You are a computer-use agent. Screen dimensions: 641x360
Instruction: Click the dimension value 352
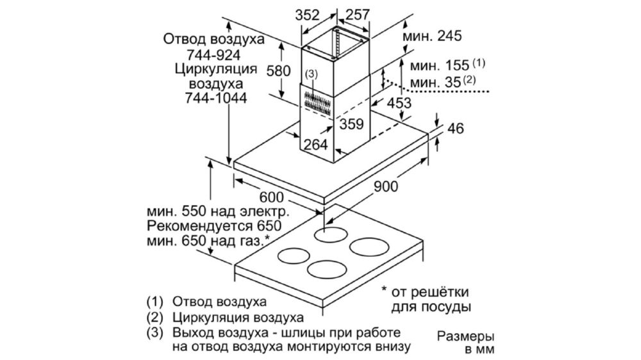point(307,15)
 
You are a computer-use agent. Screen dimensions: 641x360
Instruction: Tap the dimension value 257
point(357,15)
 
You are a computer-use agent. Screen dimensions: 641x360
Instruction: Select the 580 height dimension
point(278,70)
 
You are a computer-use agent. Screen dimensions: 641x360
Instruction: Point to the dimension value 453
point(399,102)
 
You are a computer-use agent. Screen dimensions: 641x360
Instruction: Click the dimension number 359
point(351,124)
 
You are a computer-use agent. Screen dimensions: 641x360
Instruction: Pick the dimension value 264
point(315,144)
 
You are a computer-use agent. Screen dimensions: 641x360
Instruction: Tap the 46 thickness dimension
point(455,128)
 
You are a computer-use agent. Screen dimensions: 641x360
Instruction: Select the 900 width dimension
point(385,186)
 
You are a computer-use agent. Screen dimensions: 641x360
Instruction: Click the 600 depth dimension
point(271,197)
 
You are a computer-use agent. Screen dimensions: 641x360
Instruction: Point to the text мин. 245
point(432,36)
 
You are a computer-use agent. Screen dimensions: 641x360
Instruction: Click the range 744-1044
point(216,98)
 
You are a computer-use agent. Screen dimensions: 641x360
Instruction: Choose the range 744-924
point(213,54)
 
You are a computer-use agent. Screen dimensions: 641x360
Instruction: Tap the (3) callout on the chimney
point(311,74)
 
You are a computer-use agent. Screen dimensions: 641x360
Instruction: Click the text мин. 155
point(439,65)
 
